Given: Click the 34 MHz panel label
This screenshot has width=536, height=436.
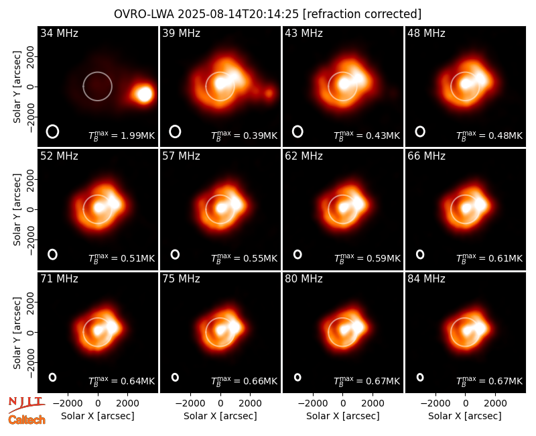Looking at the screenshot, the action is (x=59, y=33).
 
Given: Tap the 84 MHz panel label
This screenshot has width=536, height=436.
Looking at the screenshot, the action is (x=426, y=279).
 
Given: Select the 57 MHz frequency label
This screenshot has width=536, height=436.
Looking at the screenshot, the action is (x=181, y=156).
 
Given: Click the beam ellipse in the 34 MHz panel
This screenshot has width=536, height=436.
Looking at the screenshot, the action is (x=53, y=131).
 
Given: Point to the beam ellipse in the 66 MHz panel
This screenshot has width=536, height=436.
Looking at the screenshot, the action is (x=420, y=254).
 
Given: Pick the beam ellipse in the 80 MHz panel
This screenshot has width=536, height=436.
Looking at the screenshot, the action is (x=297, y=377).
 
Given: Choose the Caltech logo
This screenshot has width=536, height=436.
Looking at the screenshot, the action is (x=27, y=420).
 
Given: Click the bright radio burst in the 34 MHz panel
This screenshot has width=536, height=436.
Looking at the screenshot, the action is (x=143, y=94).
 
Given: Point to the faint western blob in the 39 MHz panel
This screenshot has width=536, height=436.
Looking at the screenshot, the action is (x=269, y=93).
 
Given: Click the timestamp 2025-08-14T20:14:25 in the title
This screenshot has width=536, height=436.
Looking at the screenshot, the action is (x=239, y=14).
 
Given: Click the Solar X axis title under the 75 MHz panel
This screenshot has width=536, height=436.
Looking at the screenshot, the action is (x=220, y=416).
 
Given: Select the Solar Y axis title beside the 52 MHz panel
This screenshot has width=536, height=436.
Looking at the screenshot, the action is (x=17, y=209).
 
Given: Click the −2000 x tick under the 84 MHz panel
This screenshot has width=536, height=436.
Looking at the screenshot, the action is (x=435, y=404).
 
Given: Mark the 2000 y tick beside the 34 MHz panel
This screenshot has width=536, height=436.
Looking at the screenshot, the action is (x=30, y=56).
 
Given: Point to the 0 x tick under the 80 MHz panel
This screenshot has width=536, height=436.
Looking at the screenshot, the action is (x=343, y=404).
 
